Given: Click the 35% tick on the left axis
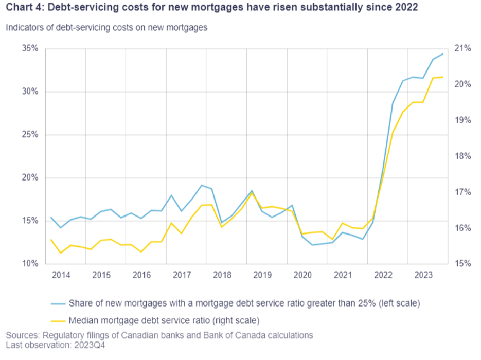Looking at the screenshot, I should [x=30, y=48].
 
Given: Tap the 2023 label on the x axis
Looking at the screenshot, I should [x=423, y=275].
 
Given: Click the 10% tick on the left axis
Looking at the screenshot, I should [x=30, y=264].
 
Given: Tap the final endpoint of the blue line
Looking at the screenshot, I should [x=443, y=54].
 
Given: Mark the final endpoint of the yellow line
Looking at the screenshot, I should [x=443, y=77].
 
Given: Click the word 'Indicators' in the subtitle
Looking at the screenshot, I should [x=24, y=28].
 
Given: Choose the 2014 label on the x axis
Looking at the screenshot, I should [x=61, y=275].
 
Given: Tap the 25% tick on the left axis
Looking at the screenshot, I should [x=30, y=135].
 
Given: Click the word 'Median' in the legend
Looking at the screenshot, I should [x=83, y=321].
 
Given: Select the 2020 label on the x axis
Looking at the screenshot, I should [x=302, y=275].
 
